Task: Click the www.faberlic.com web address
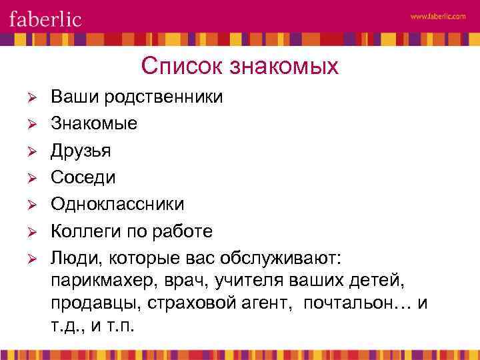click(438, 18)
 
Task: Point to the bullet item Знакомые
click(94, 124)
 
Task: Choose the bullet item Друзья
click(81, 151)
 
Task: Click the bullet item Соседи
click(83, 177)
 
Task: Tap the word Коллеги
click(82, 231)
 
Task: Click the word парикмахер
click(99, 281)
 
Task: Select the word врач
click(184, 281)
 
